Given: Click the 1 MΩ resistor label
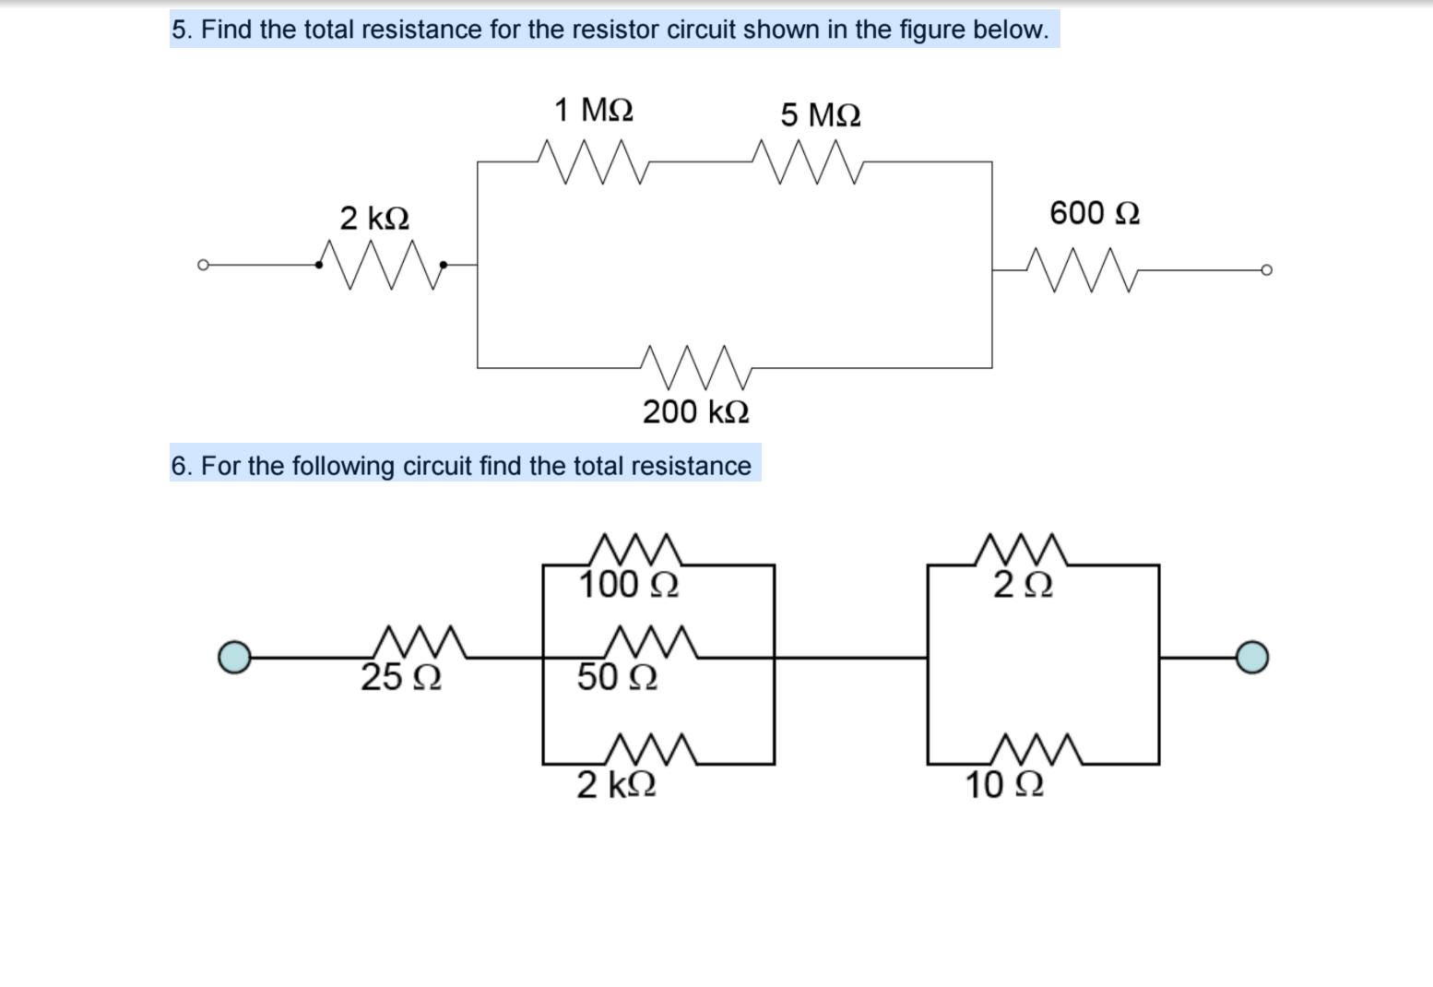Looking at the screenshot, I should pyautogui.click(x=594, y=111).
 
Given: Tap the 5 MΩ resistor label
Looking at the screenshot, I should pyautogui.click(x=821, y=116).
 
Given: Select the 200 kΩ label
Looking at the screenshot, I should pyautogui.click(x=696, y=411).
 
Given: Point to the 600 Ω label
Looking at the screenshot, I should pyautogui.click(x=1095, y=213).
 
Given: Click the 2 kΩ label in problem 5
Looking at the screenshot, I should pyautogui.click(x=374, y=219).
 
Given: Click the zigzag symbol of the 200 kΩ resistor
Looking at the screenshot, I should pyautogui.click(x=696, y=367).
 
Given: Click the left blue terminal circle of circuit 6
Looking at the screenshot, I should pyautogui.click(x=234, y=657).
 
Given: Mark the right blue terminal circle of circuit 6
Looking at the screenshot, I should pyautogui.click(x=1252, y=657).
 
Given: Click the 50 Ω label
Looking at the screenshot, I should pyautogui.click(x=617, y=678).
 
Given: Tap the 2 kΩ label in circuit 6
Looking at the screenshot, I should pyautogui.click(x=617, y=785).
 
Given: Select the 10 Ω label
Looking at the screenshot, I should pyautogui.click(x=1004, y=785).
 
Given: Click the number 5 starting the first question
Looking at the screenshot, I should pyautogui.click(x=178, y=30).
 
